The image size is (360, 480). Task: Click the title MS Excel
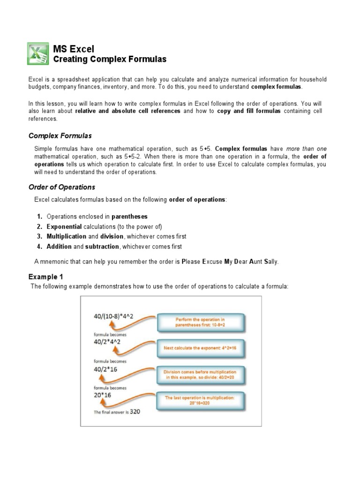[74, 49]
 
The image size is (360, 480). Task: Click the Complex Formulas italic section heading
[60, 136]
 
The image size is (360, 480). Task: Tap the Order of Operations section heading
[62, 187]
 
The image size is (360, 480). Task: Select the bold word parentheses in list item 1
[129, 217]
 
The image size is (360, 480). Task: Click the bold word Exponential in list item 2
[65, 226]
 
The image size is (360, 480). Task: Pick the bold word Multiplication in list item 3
[67, 237]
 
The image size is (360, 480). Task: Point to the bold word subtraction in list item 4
[102, 247]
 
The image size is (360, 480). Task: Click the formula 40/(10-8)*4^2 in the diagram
[113, 316]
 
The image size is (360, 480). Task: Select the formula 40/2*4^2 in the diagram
[107, 342]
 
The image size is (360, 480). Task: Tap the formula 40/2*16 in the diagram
[105, 369]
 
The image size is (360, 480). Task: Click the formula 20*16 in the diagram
[103, 395]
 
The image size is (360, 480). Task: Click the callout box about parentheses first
[200, 322]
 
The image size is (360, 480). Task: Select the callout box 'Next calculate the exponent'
[200, 348]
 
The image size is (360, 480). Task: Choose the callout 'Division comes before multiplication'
[200, 375]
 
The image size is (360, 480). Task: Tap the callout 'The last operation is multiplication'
[200, 400]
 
